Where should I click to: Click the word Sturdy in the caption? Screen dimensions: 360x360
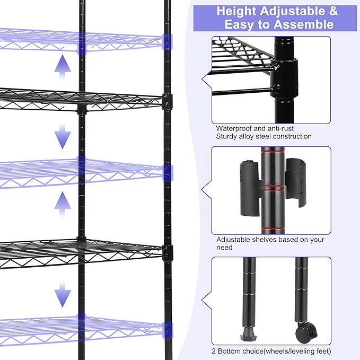[x=227, y=137]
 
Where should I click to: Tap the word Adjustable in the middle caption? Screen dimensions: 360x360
[x=235, y=240]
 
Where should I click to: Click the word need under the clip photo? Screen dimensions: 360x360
[x=225, y=248]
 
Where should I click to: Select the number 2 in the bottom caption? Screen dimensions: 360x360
[x=218, y=350]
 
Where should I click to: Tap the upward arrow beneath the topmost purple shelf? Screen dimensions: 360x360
[x=63, y=66]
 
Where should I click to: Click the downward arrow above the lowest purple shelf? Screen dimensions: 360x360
[x=63, y=293]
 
